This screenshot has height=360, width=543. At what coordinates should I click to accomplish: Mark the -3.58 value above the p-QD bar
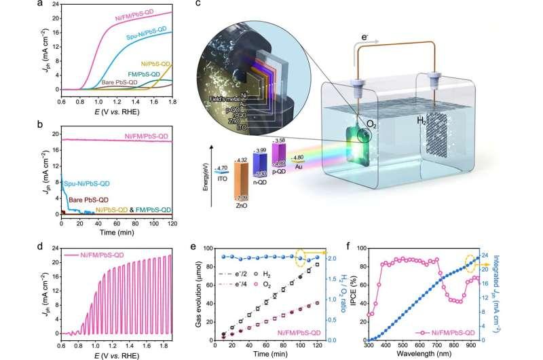279,139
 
